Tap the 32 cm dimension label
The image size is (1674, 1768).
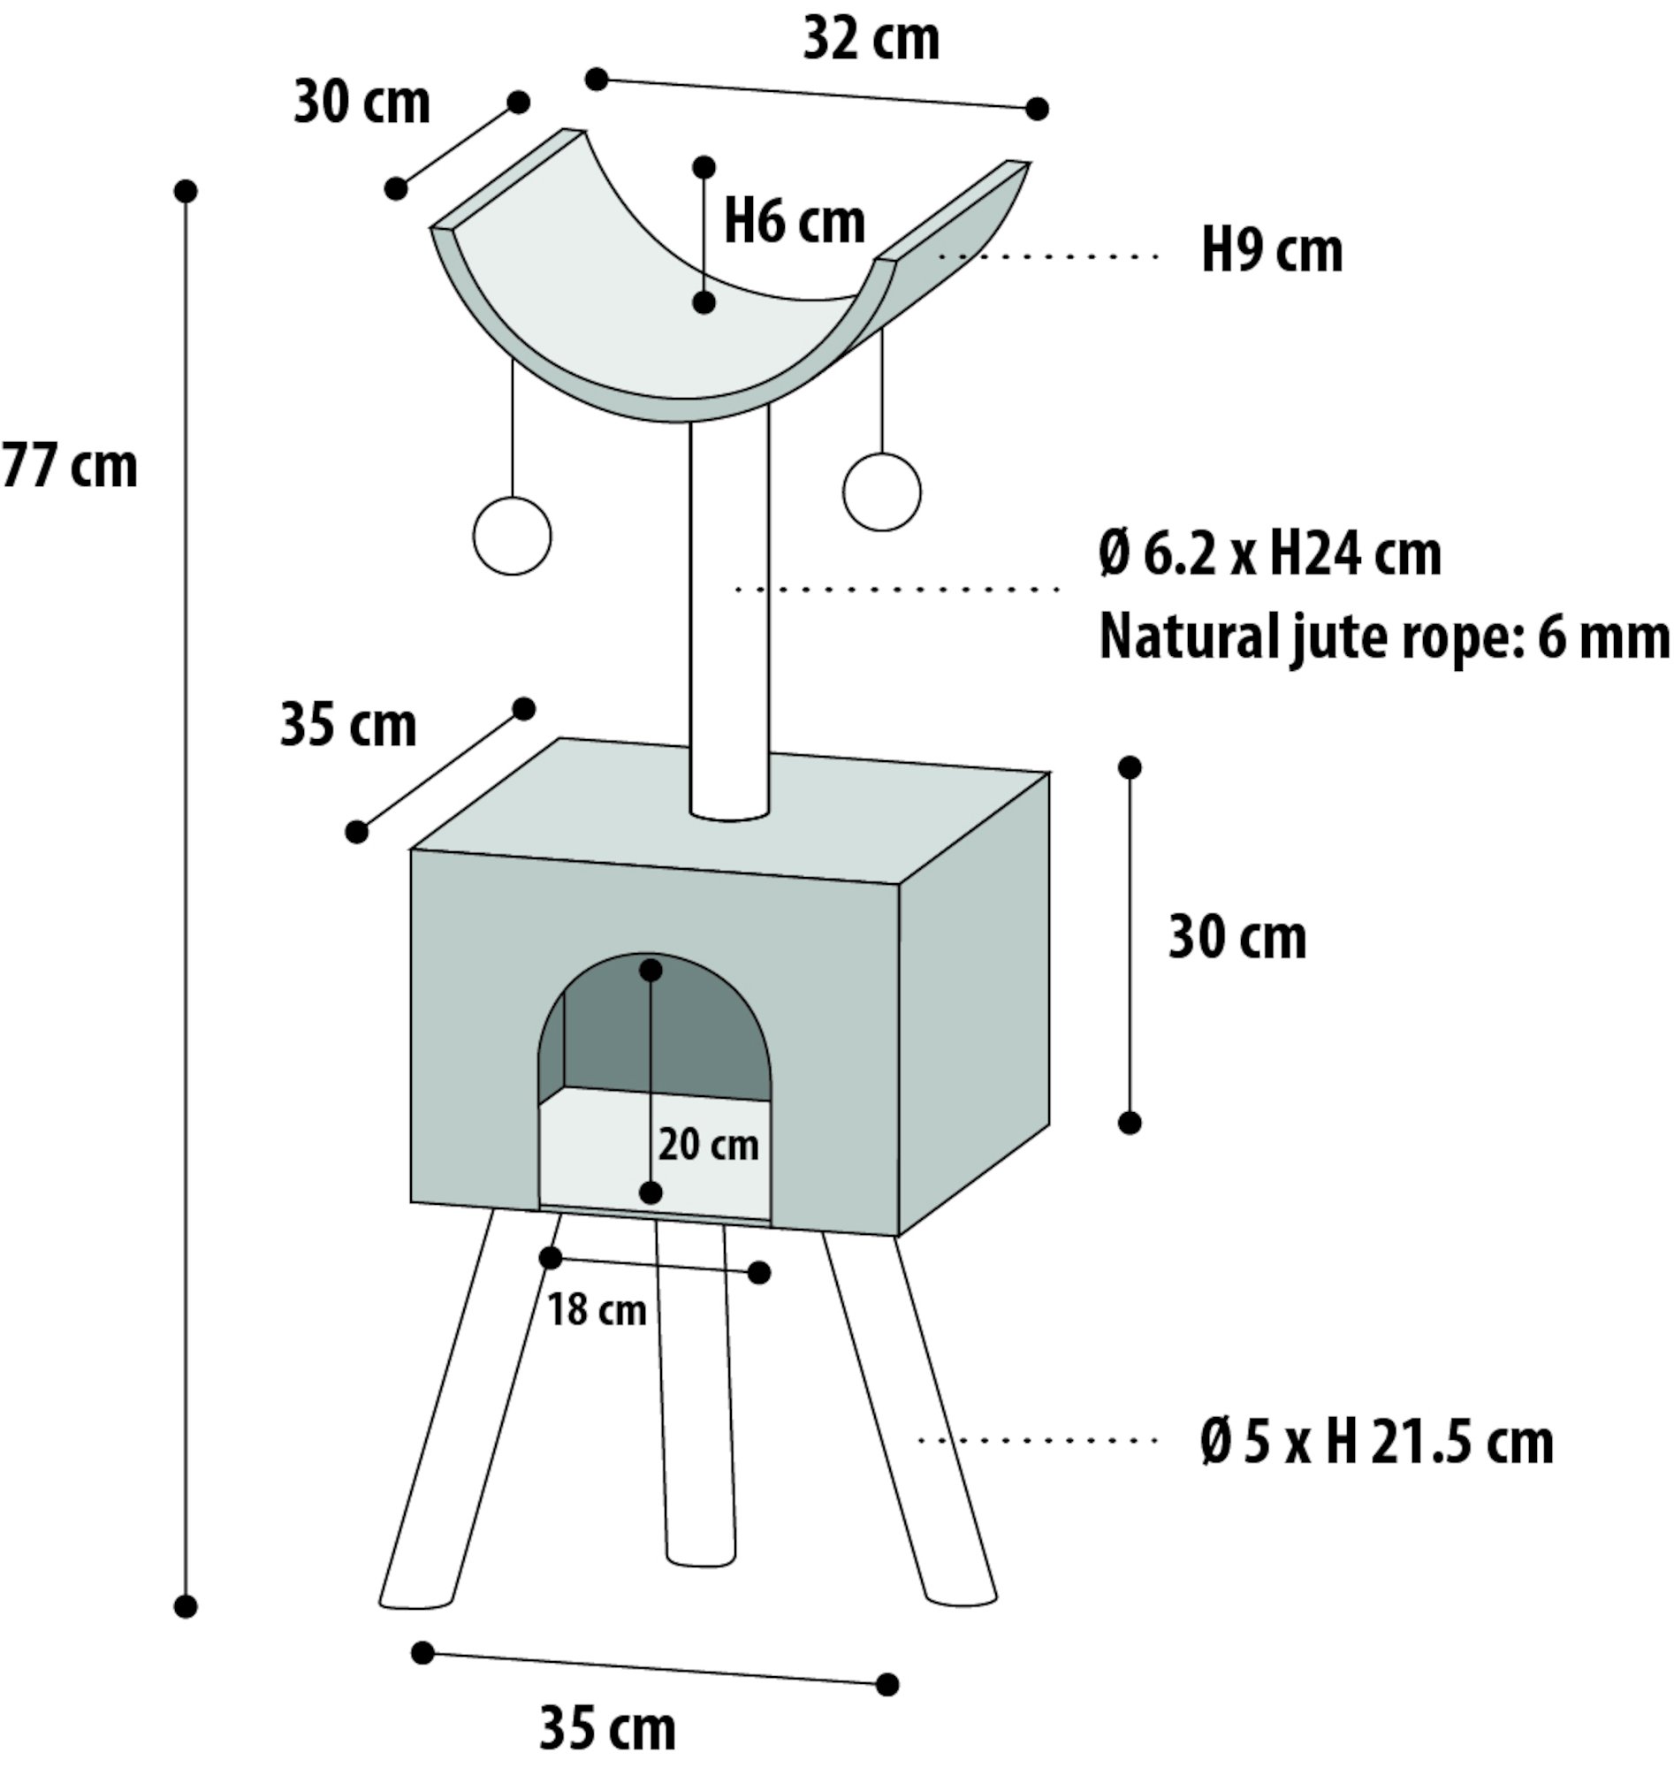point(871,40)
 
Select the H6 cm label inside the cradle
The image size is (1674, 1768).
point(795,221)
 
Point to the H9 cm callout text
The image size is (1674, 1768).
point(1272,251)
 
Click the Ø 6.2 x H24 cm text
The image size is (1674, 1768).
point(1270,554)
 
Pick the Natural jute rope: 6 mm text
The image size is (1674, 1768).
point(1384,637)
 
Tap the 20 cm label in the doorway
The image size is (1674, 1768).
point(709,1145)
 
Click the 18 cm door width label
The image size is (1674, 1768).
point(597,1311)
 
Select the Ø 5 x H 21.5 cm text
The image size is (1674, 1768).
point(1377,1441)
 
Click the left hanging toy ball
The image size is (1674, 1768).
point(513,536)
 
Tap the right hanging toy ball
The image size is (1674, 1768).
point(881,492)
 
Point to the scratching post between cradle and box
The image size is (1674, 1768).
point(729,616)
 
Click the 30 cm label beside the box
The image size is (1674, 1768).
point(1237,938)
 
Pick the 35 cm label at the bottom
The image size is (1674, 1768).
point(608,1729)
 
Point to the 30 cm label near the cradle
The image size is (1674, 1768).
point(361,103)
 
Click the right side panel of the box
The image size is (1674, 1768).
point(973,1004)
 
